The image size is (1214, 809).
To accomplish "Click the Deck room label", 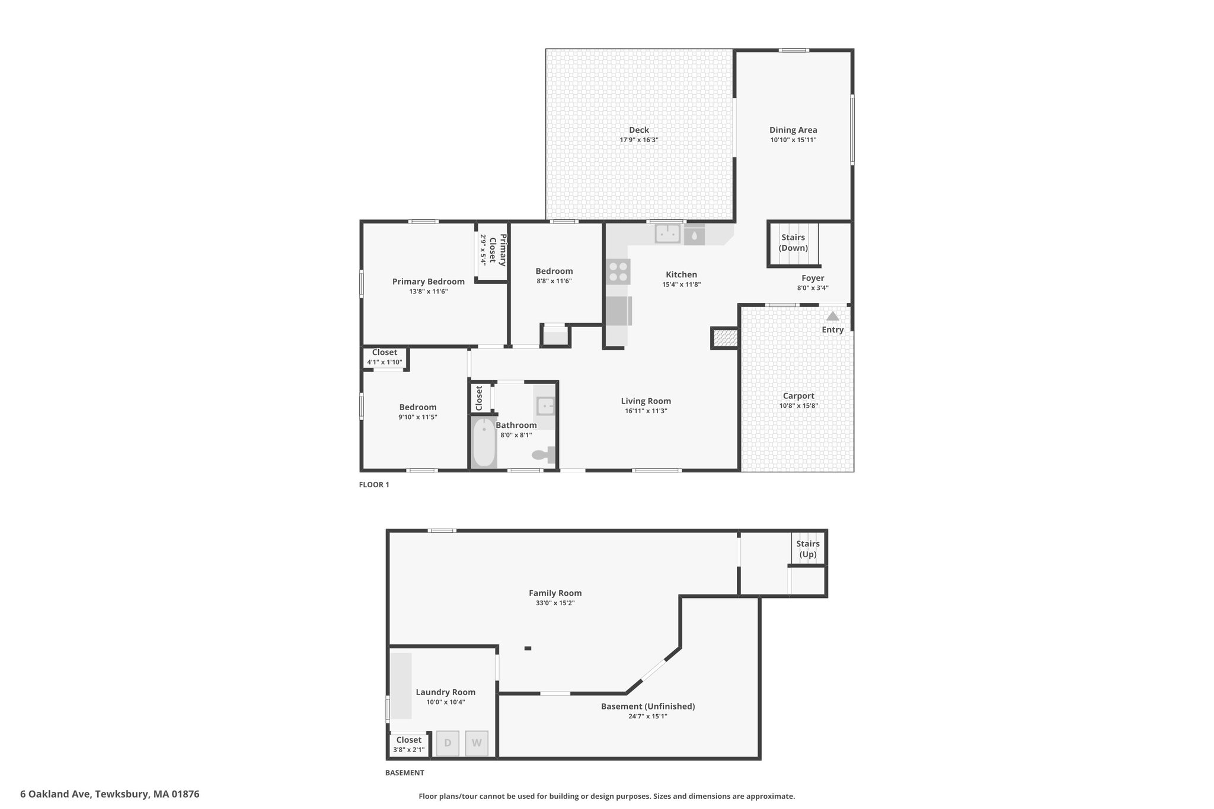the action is tap(639, 130).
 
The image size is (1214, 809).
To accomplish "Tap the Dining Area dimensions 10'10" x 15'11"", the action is tap(793, 140).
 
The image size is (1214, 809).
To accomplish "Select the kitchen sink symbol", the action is tap(668, 234).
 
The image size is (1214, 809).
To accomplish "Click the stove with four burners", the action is tap(618, 271).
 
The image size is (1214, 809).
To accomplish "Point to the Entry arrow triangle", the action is tap(833, 316).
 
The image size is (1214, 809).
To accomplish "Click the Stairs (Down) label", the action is tap(793, 242).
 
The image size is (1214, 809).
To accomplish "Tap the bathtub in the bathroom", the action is tap(484, 442).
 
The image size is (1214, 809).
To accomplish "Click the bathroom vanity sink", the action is tap(545, 406).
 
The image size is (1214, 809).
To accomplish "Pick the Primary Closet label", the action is tap(498, 250).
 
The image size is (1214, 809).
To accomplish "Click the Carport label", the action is tap(798, 396).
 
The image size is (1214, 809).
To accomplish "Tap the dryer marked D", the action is tap(448, 743).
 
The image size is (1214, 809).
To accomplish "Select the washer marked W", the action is tap(477, 743).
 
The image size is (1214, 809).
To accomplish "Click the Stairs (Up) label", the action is tap(808, 549).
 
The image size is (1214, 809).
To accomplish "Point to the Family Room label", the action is tap(555, 593).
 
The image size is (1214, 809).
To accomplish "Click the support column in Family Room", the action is tap(528, 648).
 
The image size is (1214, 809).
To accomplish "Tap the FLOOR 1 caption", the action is tap(374, 485).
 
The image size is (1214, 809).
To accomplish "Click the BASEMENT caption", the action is tap(404, 773).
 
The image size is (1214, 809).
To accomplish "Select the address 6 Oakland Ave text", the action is tap(55, 794).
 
